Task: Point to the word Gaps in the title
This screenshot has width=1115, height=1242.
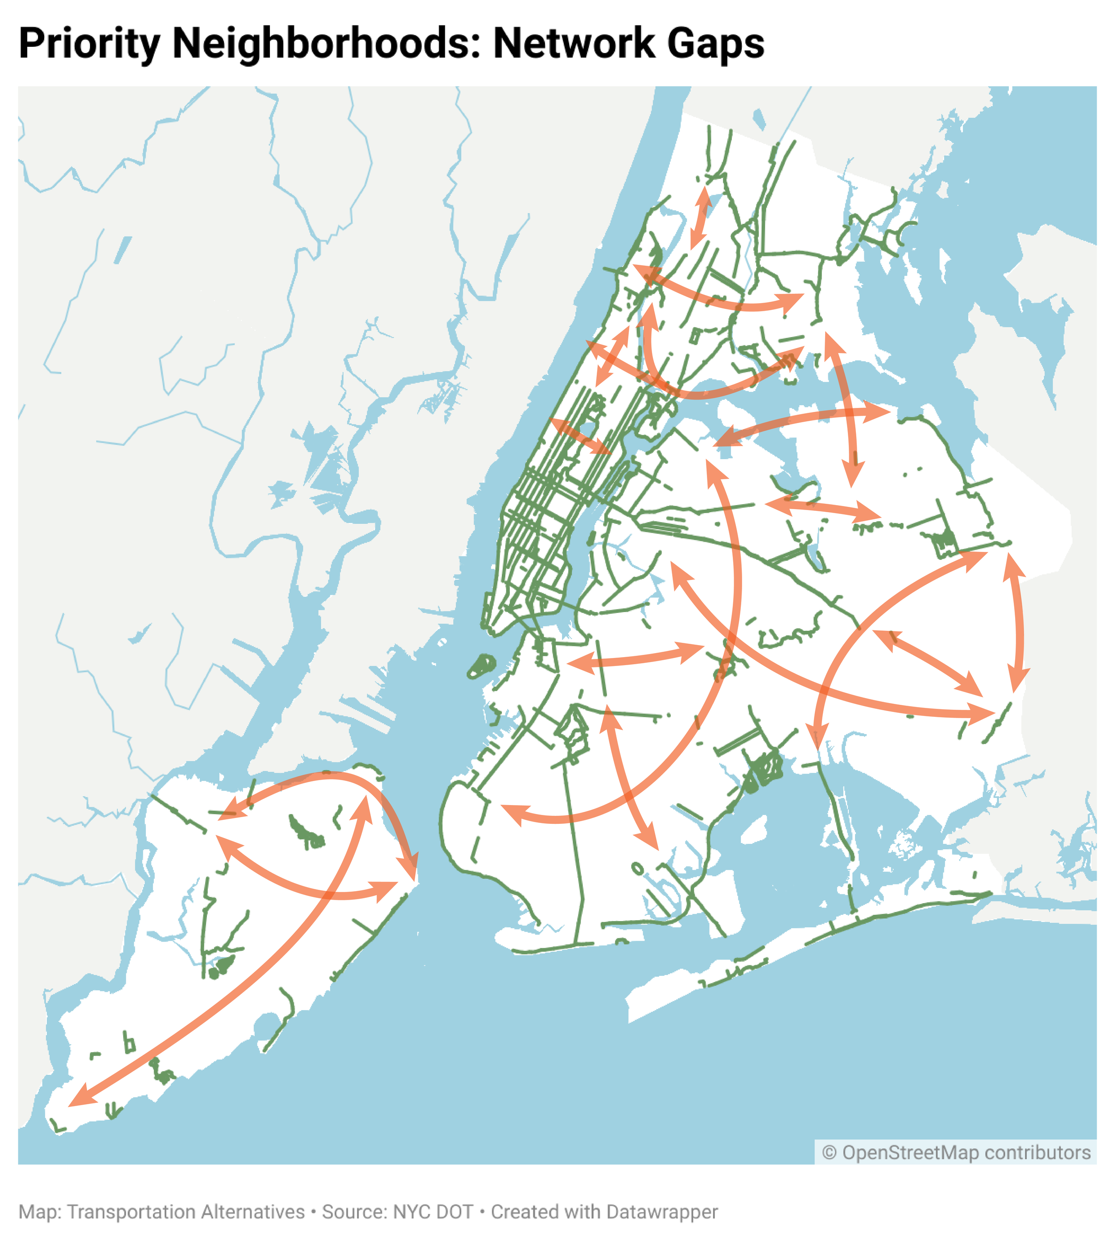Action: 715,44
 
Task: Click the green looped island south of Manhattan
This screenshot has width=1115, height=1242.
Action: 482,666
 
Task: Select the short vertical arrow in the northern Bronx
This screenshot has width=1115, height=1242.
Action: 700,218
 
